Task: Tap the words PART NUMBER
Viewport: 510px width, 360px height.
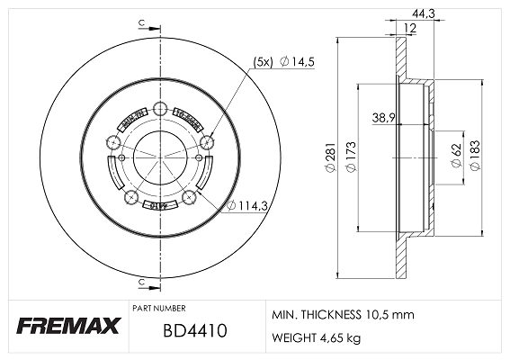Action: click(160, 307)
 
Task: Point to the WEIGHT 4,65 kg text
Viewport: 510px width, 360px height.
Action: click(317, 338)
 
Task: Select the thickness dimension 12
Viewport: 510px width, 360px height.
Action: click(409, 29)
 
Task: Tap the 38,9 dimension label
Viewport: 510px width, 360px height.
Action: click(384, 117)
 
